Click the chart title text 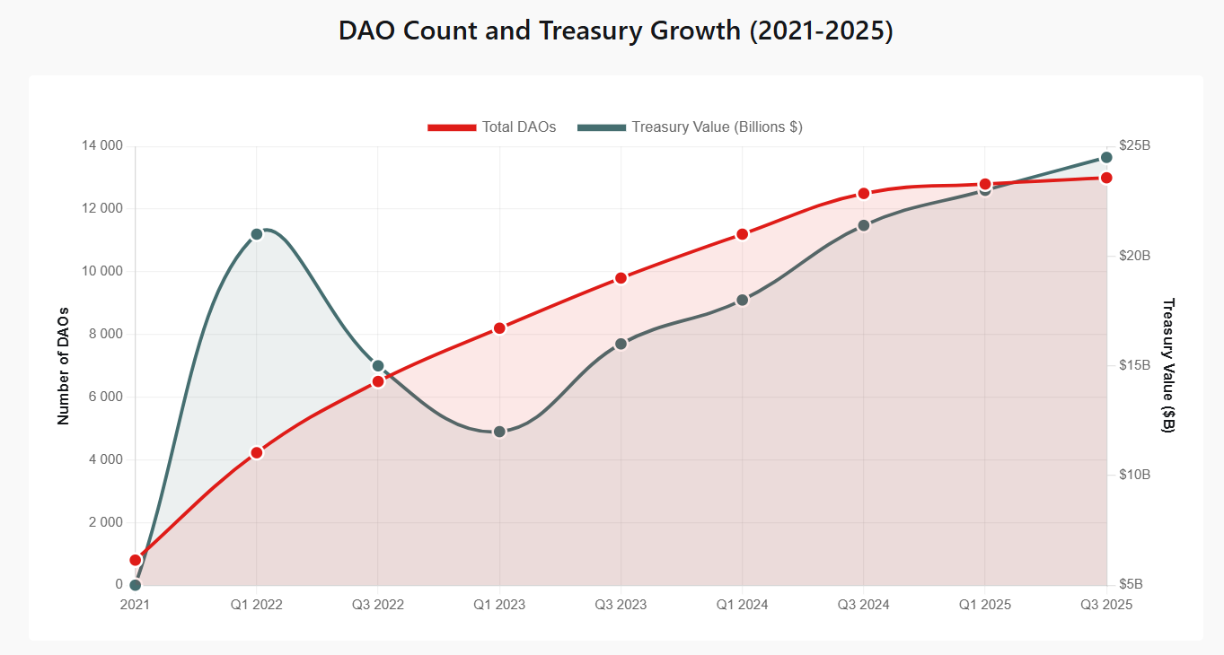coord(615,31)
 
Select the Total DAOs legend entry coord(492,127)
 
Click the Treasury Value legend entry coord(690,127)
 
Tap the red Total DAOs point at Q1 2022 coord(257,453)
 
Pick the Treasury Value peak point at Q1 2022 coord(257,234)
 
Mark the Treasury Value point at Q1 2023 coord(499,432)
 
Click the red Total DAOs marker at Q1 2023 coord(499,328)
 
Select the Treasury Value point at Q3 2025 coord(1106,158)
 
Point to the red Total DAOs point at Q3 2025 coord(1106,178)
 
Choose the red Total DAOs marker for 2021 coord(136,560)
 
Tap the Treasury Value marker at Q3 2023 coord(621,344)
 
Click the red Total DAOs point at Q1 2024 coord(742,234)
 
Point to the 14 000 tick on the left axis coord(100,146)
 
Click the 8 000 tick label coord(103,335)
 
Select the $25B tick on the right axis coord(1134,146)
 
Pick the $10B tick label coord(1134,475)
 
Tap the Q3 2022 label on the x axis coord(378,605)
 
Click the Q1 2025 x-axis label coord(985,605)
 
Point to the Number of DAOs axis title coord(64,366)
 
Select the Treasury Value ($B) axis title coord(1168,366)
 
